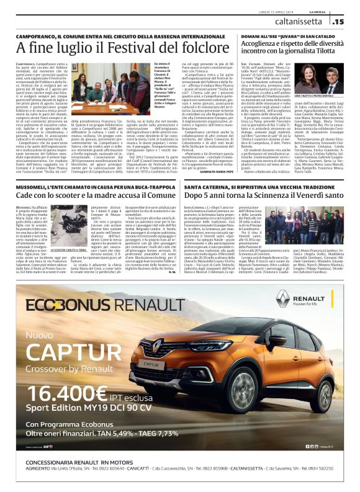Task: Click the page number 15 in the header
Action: click(338, 22)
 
